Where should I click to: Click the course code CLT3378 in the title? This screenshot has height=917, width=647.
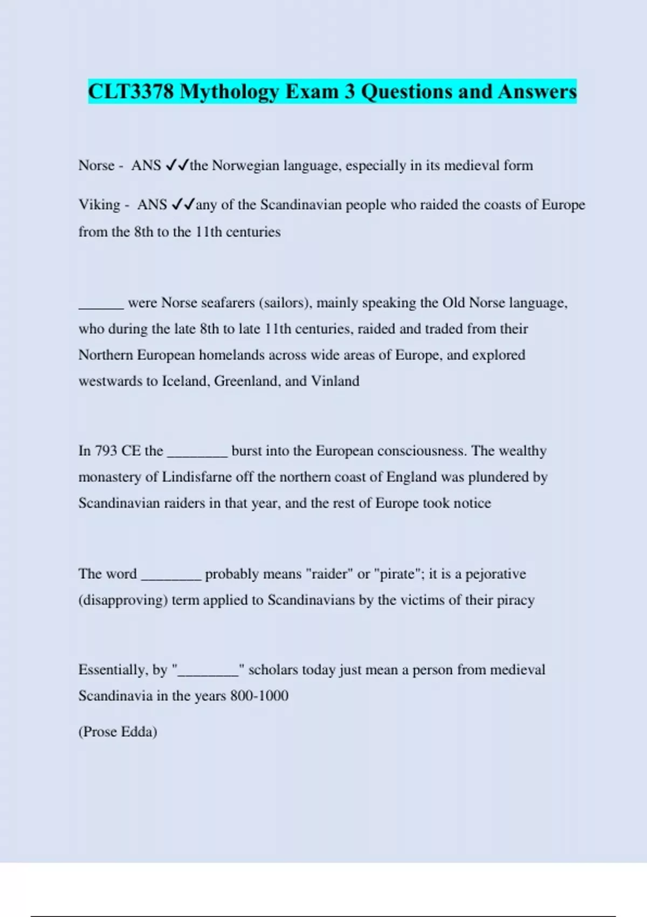[x=131, y=91]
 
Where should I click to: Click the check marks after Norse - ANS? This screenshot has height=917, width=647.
[x=177, y=165]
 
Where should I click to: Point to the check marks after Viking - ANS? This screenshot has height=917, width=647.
[x=183, y=204]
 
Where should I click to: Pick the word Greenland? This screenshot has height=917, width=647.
[x=246, y=381]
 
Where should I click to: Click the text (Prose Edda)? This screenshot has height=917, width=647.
[x=118, y=732]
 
